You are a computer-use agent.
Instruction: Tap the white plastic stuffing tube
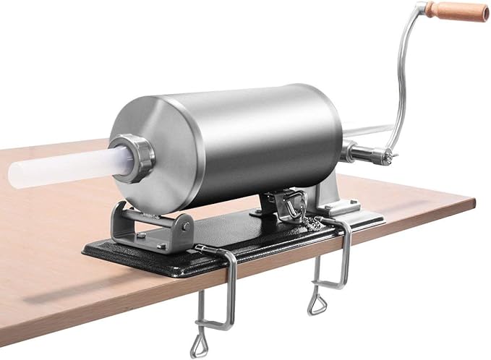65,167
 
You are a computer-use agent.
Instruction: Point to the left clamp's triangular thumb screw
205,333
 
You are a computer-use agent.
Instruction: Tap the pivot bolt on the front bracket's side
187,226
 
